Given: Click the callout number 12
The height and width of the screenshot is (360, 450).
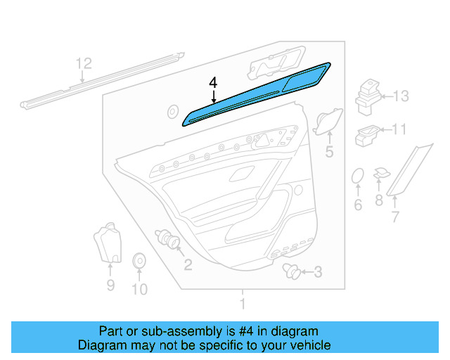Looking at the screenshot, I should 84,64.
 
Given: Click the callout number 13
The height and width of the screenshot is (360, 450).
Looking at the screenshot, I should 400,96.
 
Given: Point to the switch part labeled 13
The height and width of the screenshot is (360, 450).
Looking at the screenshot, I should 368,95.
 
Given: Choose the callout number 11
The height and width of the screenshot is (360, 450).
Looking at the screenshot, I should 399,129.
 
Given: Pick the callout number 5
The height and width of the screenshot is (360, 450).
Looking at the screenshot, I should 329,152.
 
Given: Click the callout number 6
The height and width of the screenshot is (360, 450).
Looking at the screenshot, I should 357,205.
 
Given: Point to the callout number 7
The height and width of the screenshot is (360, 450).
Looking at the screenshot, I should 394,217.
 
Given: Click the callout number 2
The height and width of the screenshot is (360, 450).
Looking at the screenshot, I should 188,264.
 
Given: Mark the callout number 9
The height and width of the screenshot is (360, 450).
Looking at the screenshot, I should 110,285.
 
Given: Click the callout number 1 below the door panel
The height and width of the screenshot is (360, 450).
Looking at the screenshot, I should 243,304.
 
